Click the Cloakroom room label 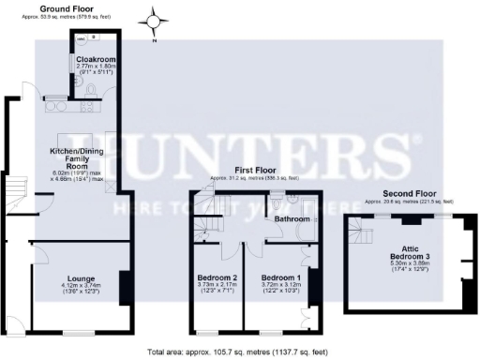coord(95,59)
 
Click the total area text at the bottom coord(239,352)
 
